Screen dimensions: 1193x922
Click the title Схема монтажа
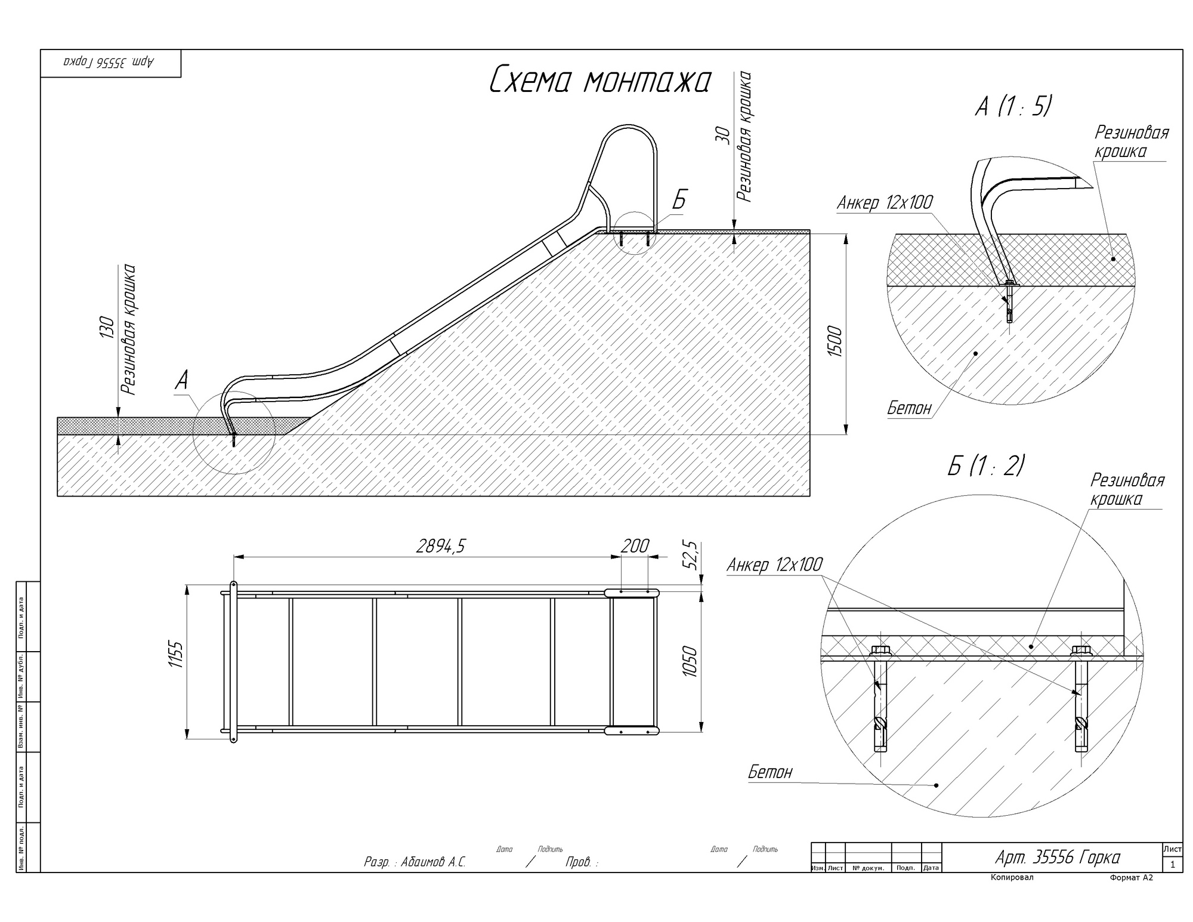(x=600, y=81)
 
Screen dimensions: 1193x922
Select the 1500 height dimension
(x=835, y=342)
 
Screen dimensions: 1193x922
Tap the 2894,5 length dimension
(x=440, y=546)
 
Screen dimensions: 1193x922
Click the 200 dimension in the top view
(x=635, y=545)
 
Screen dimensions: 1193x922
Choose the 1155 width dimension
(x=176, y=654)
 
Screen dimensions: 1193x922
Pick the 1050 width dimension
(x=690, y=661)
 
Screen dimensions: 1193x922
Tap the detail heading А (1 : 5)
(x=1013, y=106)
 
